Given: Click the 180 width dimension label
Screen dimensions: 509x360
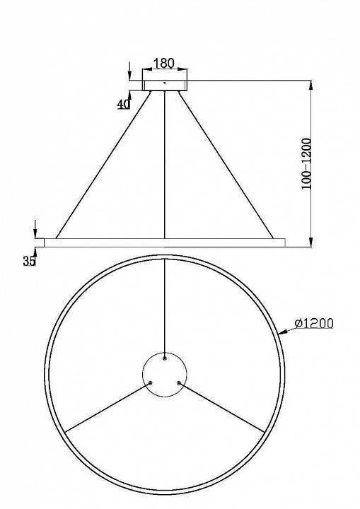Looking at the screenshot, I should (164, 63).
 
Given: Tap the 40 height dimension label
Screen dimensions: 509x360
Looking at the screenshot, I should (124, 104).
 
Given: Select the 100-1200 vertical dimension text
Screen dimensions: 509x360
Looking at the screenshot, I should (306, 162).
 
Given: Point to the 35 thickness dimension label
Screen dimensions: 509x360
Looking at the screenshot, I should (29, 262).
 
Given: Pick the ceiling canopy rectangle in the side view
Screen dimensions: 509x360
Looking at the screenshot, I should (164, 84).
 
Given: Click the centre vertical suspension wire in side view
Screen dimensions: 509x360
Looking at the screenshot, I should (164, 163).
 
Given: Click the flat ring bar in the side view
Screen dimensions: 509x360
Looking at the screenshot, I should (164, 242).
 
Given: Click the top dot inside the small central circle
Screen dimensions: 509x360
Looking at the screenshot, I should (164, 358).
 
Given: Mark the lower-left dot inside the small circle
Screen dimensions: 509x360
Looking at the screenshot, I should (151, 383).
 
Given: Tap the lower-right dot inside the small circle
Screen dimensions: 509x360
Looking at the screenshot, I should (178, 383).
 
